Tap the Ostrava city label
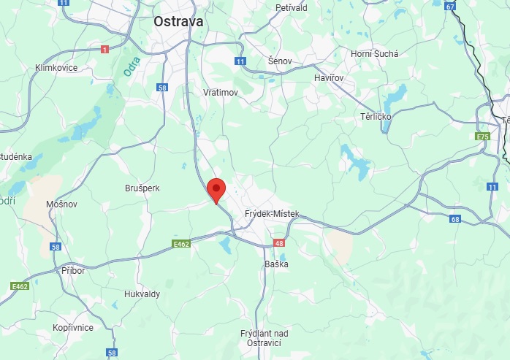click(178, 23)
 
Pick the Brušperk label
click(142, 188)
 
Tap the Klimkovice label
click(56, 68)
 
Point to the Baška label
click(276, 264)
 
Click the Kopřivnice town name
click(73, 328)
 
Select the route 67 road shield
click(450, 7)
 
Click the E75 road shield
click(482, 137)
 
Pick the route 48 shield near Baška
click(278, 242)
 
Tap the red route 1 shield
click(104, 49)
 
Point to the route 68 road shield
click(456, 219)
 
